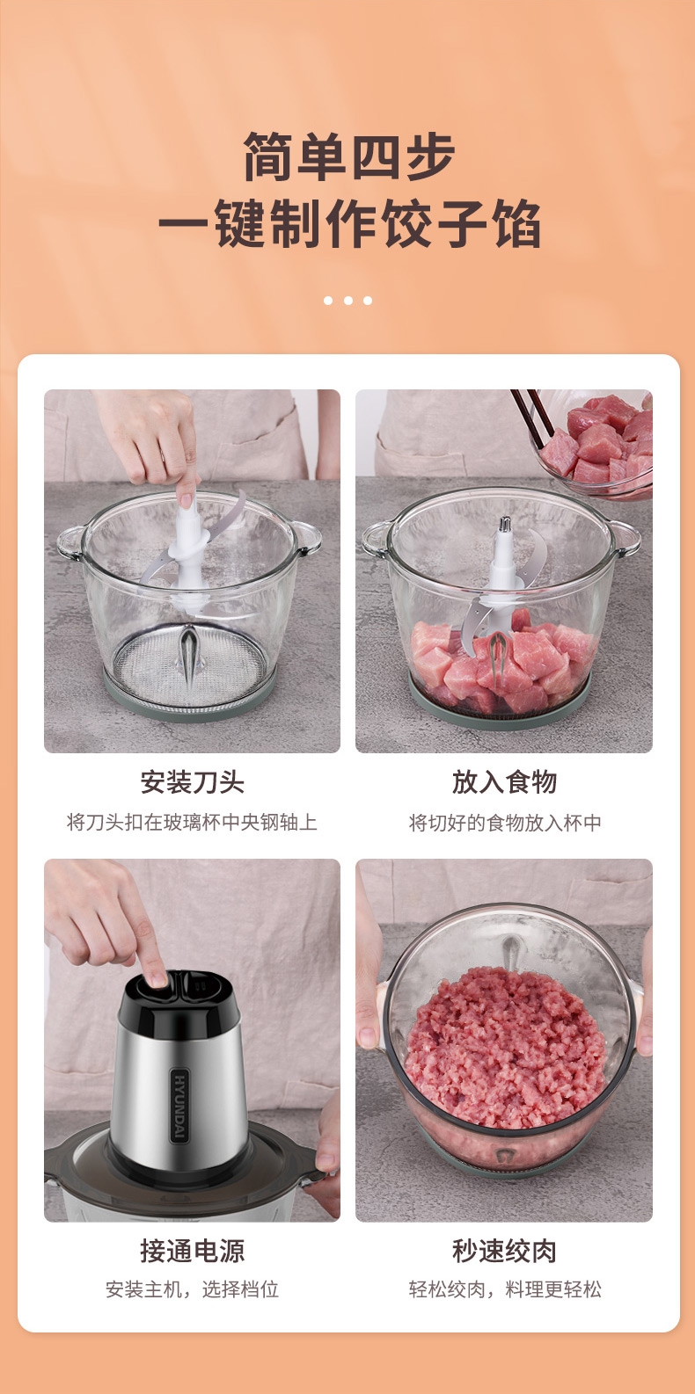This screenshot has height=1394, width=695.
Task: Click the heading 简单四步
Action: click(x=348, y=156)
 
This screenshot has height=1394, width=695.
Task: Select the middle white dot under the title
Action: click(x=348, y=301)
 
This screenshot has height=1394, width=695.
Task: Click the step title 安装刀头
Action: click(x=193, y=782)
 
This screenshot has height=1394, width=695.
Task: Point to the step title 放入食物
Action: click(x=504, y=782)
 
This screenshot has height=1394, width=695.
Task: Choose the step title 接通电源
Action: click(x=193, y=1251)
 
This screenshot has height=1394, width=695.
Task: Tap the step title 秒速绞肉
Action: click(x=504, y=1251)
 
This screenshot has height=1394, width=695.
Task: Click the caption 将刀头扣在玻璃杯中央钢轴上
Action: click(x=193, y=823)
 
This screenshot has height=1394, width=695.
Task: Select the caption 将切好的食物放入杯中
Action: click(x=504, y=823)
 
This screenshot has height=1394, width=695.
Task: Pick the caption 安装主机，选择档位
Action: click(x=193, y=1289)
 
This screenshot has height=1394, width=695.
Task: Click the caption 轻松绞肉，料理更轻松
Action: click(x=504, y=1289)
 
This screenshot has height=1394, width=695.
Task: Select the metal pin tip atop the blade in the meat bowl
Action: click(x=505, y=524)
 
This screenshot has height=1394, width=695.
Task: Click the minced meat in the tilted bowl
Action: click(x=504, y=1052)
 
